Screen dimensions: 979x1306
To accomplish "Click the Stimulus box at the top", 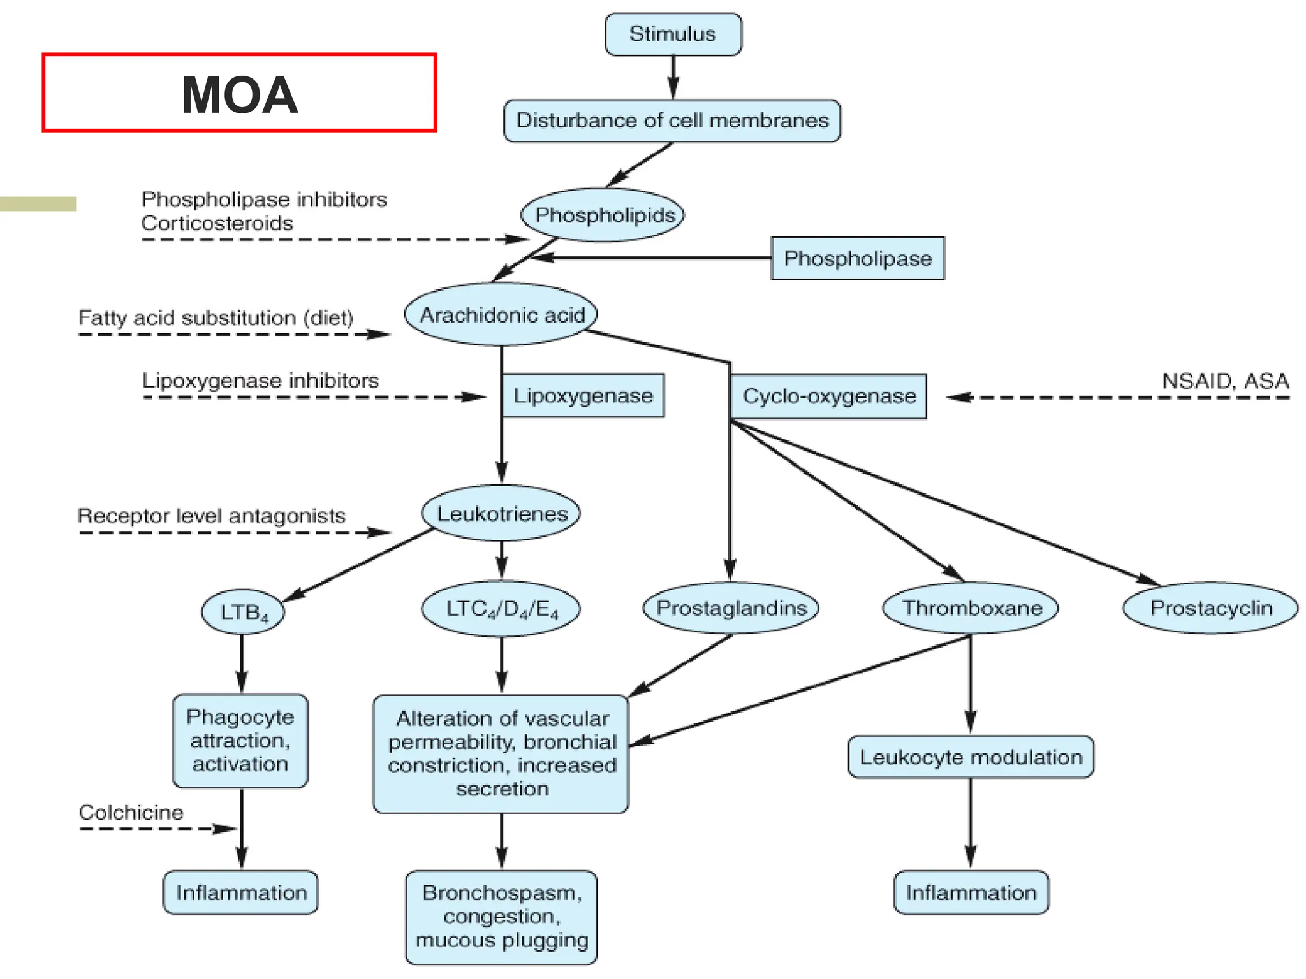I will point(673,34).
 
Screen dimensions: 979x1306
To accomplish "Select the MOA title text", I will point(239,95).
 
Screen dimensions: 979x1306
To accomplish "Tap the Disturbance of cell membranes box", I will point(672,120).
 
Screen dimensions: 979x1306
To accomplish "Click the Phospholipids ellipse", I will point(603,215).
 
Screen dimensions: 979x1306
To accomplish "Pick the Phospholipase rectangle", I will point(857,258).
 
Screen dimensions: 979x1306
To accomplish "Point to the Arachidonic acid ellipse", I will point(501,314).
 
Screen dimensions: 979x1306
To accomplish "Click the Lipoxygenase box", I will point(583,396).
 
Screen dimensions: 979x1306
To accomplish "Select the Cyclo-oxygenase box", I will point(828,396).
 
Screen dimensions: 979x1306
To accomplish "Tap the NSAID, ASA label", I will point(1224,381).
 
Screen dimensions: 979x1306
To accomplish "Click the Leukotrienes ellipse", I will point(501,513).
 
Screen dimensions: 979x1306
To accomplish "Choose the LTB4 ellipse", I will point(243,612).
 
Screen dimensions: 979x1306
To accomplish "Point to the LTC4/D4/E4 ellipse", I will point(501,609).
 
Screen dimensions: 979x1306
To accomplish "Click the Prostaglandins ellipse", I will point(731,607).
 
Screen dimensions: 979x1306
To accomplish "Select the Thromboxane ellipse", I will point(971,607).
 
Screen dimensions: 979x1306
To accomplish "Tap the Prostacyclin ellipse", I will point(1210,607).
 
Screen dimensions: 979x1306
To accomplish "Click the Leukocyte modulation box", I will point(971,757).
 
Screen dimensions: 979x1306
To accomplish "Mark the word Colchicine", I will point(131,812).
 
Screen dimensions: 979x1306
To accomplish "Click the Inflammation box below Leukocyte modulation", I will point(971,892).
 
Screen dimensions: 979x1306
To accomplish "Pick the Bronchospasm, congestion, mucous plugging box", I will point(501,917).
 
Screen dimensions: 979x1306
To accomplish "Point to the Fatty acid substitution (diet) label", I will point(216,317).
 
